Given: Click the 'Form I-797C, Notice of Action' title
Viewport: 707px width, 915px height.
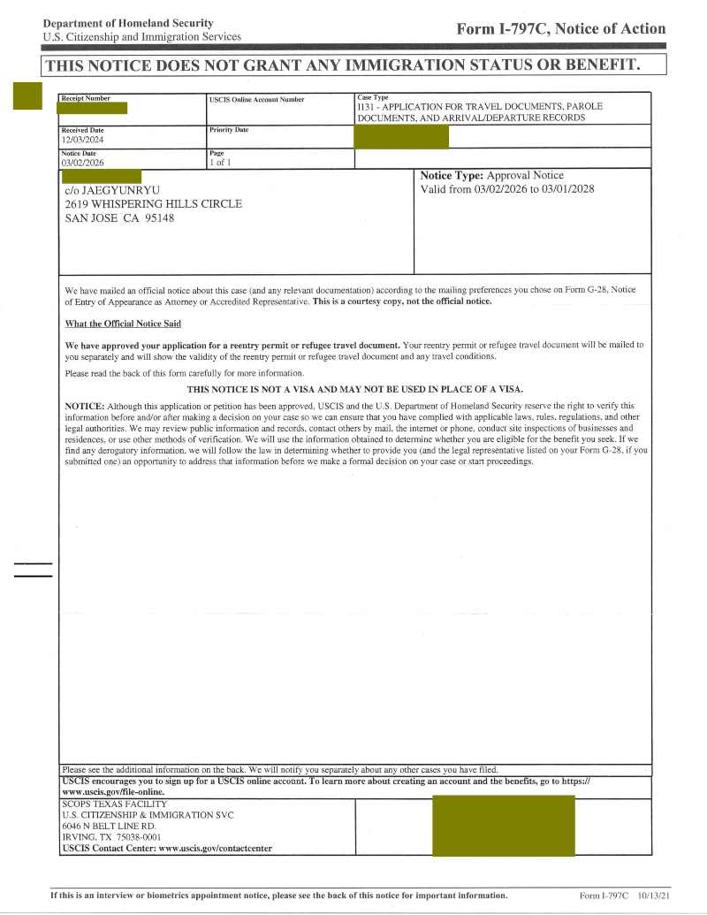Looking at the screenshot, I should [x=560, y=29].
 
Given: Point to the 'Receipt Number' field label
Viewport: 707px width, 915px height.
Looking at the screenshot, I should [x=86, y=98].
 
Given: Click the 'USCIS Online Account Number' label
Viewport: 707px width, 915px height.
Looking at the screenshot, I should [x=256, y=100].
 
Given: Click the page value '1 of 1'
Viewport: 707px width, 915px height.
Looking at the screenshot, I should [x=219, y=163].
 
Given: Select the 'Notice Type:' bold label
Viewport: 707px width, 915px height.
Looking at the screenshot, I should [x=452, y=176].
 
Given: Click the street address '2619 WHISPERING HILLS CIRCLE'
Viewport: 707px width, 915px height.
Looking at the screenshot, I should [x=154, y=204].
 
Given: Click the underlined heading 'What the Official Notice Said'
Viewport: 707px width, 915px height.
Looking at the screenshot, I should [x=123, y=324].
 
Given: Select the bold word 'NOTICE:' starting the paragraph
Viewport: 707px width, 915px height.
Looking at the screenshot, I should [x=86, y=406].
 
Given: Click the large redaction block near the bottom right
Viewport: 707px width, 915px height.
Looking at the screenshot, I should [x=503, y=825].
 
